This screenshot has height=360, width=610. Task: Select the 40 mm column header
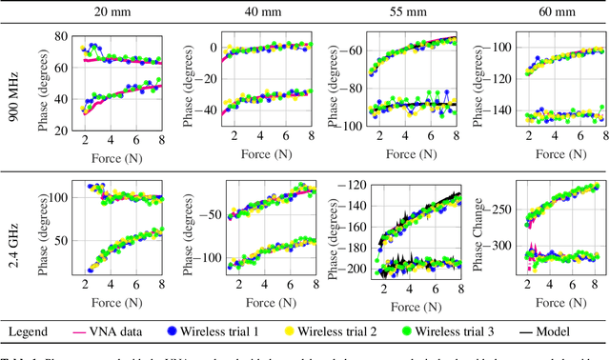(257, 12)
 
